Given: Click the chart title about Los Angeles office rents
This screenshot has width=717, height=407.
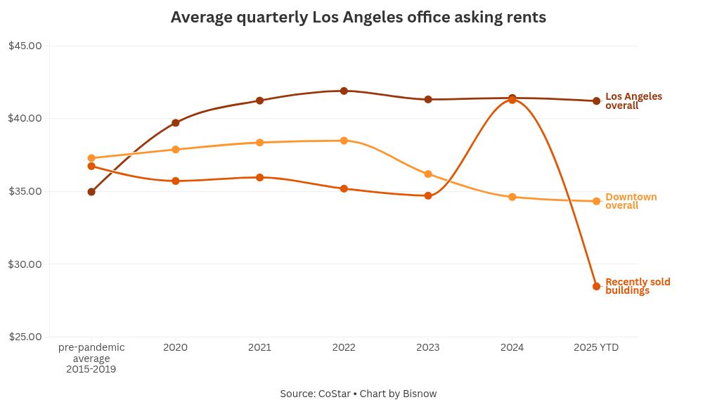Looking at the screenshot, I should [x=358, y=17].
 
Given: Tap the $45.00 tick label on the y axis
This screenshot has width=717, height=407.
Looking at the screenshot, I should [x=25, y=46].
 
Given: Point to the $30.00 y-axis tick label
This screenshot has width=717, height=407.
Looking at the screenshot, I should [x=25, y=264].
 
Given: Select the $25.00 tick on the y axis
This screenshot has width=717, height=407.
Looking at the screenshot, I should [x=25, y=337].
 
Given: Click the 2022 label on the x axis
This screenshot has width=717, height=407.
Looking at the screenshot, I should [x=344, y=347].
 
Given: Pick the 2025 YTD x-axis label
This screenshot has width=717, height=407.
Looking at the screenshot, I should [x=596, y=347].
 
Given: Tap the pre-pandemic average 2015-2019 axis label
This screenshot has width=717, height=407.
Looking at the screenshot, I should [x=91, y=358].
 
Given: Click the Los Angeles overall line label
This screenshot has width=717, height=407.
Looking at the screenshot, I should [x=633, y=101].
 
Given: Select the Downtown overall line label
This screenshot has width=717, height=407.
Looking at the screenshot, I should [x=631, y=201].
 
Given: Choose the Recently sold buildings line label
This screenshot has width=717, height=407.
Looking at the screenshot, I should [x=638, y=286].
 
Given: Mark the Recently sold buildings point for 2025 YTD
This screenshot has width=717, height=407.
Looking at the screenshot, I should [x=596, y=286].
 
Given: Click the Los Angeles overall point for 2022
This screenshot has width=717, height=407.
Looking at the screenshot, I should [x=344, y=91].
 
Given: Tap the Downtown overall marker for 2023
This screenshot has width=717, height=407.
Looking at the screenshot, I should [x=428, y=174].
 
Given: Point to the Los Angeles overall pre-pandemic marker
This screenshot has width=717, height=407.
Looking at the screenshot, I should [x=91, y=191].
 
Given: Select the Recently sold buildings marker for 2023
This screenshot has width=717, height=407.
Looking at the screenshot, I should [x=428, y=195].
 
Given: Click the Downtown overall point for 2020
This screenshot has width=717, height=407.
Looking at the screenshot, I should [x=176, y=149].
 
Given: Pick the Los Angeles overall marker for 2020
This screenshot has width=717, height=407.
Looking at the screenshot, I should [x=176, y=123].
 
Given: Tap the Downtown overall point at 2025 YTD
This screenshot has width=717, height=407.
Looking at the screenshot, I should [x=596, y=201].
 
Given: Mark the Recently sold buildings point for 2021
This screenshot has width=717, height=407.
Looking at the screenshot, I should [x=259, y=177].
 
